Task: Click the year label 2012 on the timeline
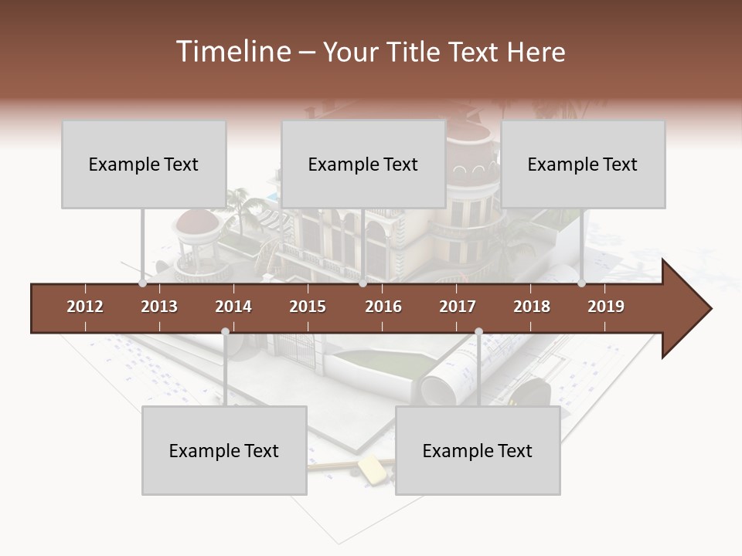coord(85,307)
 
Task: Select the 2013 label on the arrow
coord(159,307)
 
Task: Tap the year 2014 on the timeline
coord(233,307)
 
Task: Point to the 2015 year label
coord(308,307)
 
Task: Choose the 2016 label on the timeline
coord(383,307)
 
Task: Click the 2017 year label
coord(458,307)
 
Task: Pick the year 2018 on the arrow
coord(532,307)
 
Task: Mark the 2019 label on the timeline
coord(606,307)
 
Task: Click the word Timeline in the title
coord(232,52)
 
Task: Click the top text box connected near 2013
coord(144,164)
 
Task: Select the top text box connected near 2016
coord(363,164)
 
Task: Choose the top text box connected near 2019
coord(583,164)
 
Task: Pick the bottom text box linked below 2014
coord(224,450)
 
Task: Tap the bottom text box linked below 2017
coord(478,450)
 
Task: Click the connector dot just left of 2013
coord(143,283)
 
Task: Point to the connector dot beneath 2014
coord(225,332)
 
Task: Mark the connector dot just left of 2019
coord(581,283)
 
